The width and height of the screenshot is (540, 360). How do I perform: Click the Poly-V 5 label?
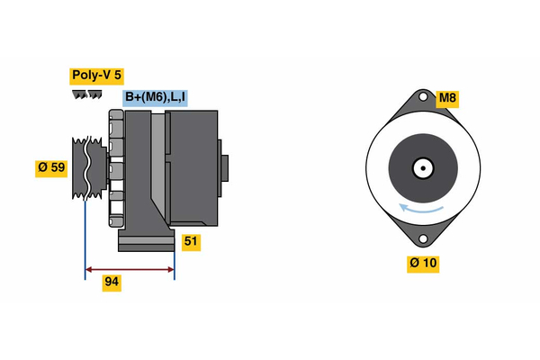tap(97, 76)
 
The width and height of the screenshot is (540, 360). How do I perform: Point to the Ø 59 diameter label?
tap(51, 167)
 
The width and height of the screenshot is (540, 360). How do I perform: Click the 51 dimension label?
tap(190, 241)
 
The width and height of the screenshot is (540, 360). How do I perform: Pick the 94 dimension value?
tap(112, 283)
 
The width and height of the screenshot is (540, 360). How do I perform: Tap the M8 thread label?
tap(447, 98)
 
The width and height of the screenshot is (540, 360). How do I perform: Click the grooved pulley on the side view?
tap(82, 168)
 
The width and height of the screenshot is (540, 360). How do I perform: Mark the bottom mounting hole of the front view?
tap(421, 238)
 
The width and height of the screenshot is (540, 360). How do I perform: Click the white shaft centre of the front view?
tap(421, 168)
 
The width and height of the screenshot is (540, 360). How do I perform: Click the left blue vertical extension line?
tap(85, 234)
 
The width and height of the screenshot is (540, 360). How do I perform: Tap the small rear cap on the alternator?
tap(224, 168)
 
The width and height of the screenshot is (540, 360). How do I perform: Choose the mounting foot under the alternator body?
tap(146, 241)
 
